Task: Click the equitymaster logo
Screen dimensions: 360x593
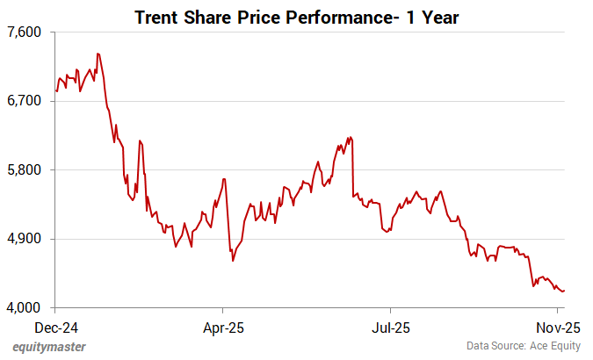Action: (49, 347)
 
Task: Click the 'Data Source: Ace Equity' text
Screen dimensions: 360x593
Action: (524, 347)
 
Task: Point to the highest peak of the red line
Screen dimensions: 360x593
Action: (98, 54)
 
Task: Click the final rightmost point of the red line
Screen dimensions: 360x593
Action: (564, 291)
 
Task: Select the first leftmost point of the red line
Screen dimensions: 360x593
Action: (56, 90)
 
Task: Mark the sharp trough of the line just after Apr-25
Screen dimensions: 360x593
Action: (232, 261)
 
